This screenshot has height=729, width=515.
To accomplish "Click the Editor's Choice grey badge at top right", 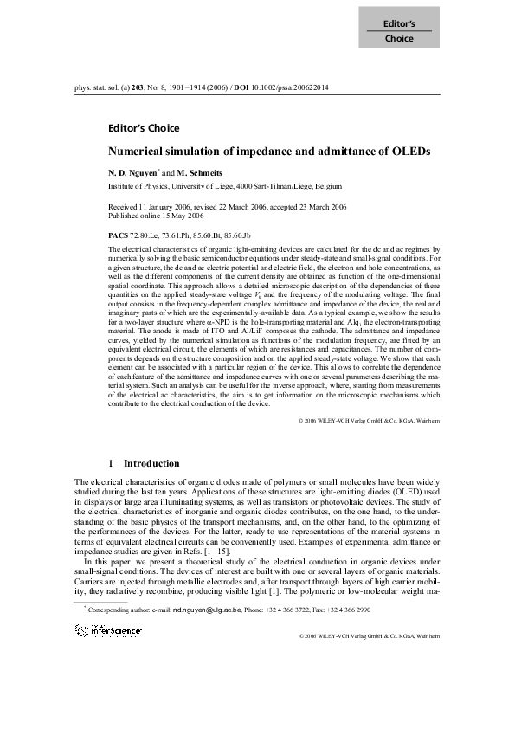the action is click(399, 30).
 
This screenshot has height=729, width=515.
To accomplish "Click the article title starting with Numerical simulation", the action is click(269, 152).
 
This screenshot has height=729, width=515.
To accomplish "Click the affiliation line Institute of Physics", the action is click(225, 186).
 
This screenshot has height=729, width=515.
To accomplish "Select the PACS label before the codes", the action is click(118, 235).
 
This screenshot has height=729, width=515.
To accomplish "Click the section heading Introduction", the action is click(151, 464).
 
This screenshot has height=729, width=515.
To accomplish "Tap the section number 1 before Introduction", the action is click(113, 464).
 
